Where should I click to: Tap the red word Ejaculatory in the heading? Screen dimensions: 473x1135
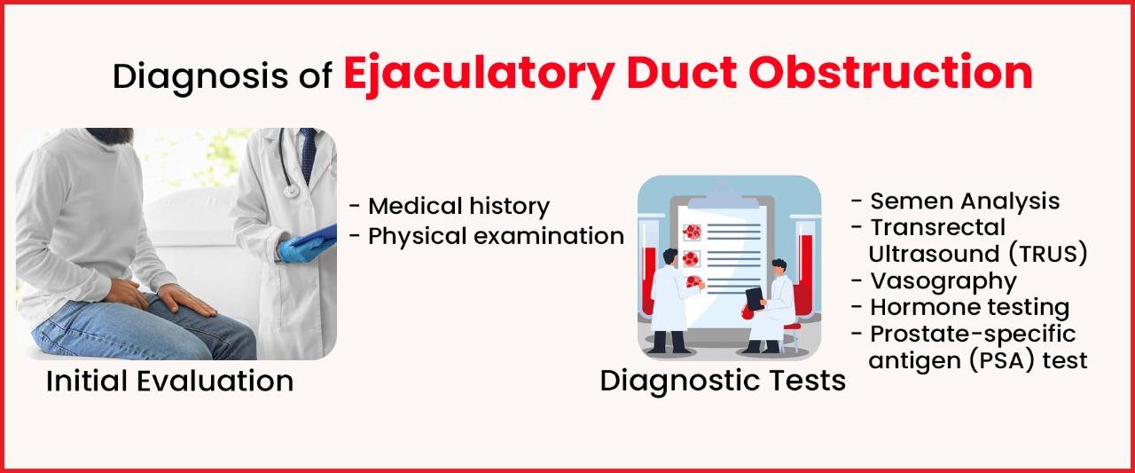(x=478, y=74)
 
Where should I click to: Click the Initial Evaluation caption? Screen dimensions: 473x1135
(x=169, y=381)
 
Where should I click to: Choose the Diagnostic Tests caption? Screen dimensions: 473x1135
(x=723, y=381)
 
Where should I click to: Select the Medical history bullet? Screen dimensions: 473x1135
(x=458, y=206)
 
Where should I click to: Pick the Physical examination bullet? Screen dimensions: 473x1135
(x=496, y=236)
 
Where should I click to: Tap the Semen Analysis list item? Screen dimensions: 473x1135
(x=964, y=201)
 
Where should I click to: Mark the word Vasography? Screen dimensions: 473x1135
(x=943, y=280)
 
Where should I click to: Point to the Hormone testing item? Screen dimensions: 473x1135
(x=969, y=307)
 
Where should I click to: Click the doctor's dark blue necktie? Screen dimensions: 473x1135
(x=308, y=156)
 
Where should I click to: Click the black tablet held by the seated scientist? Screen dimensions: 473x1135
(x=754, y=298)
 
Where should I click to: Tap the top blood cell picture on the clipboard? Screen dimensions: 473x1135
(x=692, y=231)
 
